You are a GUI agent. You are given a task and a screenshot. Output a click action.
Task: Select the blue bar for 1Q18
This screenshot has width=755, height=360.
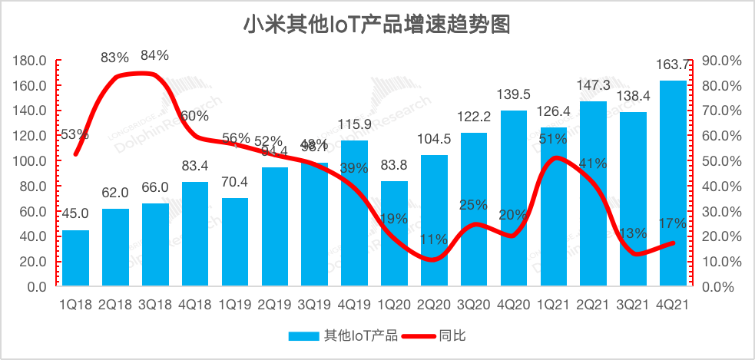pyautogui.click(x=75, y=258)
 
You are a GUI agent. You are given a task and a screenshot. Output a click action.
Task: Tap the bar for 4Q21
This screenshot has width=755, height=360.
pyautogui.click(x=674, y=184)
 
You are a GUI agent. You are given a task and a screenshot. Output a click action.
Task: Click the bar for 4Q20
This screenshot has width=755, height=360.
pyautogui.click(x=514, y=199)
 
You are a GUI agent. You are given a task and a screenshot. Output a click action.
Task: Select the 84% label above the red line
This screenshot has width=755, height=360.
pyautogui.click(x=154, y=55)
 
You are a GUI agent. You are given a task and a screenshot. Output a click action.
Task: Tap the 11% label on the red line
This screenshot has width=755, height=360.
pyautogui.click(x=434, y=239)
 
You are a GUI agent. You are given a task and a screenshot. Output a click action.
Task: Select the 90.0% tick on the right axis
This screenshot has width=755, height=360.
pyautogui.click(x=722, y=61)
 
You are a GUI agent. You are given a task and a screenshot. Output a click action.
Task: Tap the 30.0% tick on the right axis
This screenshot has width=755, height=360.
pyautogui.click(x=722, y=211)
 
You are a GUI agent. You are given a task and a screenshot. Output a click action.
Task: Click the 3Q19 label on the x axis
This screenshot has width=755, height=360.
pyautogui.click(x=315, y=304)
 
